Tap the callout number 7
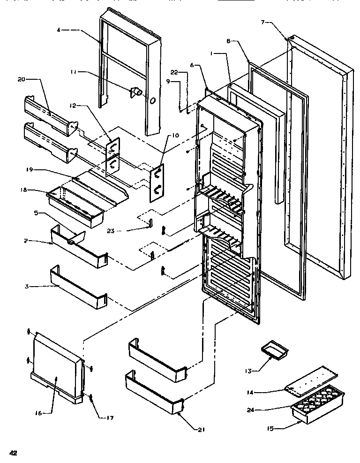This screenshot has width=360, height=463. tap(263, 22)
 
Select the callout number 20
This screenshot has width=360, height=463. tap(21, 79)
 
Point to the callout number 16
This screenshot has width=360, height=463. tap(38, 413)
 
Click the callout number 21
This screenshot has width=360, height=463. tap(202, 429)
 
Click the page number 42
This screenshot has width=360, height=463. tap(13, 453)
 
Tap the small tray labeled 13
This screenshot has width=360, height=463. tap(270, 349)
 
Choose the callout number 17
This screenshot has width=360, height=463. tap(109, 417)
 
